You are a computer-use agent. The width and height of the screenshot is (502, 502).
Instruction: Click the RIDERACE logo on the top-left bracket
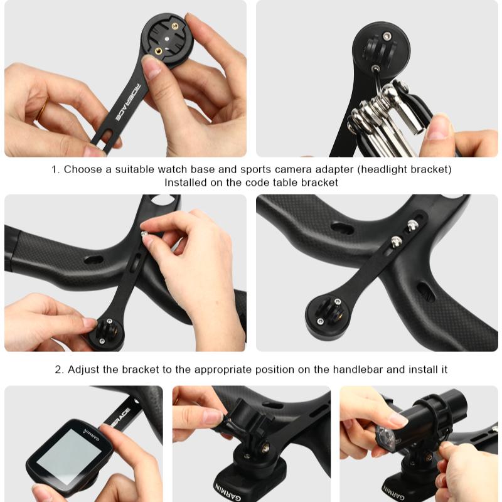click(127, 102)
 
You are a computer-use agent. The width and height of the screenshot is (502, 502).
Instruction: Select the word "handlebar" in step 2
click(358, 370)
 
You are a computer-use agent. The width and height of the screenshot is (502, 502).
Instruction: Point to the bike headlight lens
click(387, 436)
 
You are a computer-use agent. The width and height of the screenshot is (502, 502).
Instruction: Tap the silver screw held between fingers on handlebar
click(145, 234)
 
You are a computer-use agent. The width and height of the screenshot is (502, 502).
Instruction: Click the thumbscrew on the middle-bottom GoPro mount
click(265, 448)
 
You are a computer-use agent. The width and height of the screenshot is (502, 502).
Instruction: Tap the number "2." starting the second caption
click(60, 370)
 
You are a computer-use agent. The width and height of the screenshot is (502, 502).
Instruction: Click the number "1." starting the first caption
click(56, 169)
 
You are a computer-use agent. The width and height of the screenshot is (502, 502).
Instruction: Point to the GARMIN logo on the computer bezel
click(92, 435)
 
